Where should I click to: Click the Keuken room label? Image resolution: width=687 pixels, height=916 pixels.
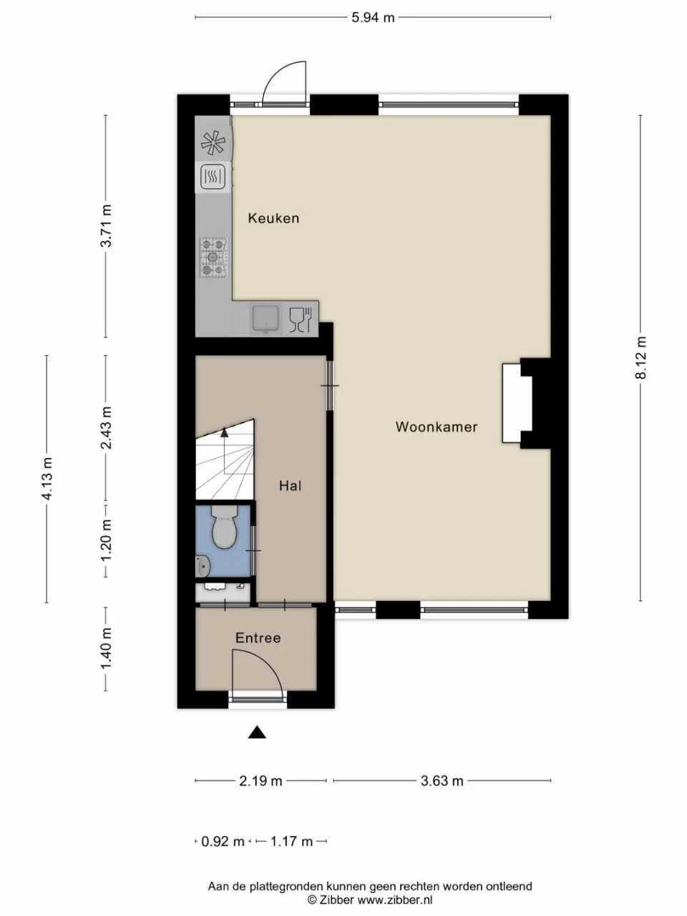[273, 218]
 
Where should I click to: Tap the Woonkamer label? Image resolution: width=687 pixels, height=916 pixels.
[437, 427]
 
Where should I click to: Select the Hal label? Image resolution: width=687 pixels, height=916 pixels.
[291, 485]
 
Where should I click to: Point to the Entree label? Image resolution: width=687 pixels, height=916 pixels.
[258, 638]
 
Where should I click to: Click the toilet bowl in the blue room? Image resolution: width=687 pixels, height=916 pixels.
[225, 527]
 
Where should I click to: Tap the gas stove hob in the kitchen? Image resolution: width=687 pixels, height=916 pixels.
[213, 257]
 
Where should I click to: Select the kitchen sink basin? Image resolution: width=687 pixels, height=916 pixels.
[265, 319]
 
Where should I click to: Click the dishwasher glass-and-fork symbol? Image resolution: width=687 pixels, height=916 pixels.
[301, 320]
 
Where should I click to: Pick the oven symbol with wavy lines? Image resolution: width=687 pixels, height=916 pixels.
[213, 177]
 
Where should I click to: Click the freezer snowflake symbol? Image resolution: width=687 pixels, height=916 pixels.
[213, 142]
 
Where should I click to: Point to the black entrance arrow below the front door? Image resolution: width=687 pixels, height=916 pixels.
[257, 732]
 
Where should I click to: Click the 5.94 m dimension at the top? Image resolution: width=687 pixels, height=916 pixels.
[373, 17]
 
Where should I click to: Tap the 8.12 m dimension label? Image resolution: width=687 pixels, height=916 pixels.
[640, 358]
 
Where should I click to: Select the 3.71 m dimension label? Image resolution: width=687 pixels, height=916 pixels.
[106, 226]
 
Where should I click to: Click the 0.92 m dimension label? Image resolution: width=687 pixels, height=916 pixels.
[223, 842]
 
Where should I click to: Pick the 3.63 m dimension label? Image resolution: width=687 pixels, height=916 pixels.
[442, 781]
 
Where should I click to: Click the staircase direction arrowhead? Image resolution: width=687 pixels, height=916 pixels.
[225, 432]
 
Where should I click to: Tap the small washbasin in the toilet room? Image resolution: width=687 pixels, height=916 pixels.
[203, 565]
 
